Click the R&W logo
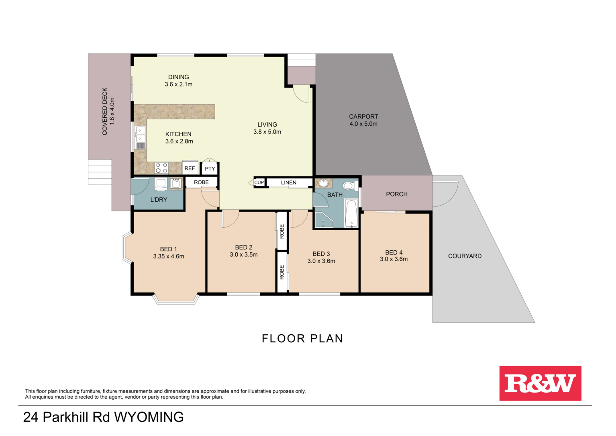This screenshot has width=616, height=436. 540,383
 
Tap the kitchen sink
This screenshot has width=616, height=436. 140,135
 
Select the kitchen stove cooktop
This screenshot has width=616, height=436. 161,168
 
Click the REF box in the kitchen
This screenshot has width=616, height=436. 190,168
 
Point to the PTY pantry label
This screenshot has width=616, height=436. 210,169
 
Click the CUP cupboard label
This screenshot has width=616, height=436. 259,182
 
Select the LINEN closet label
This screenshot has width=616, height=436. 288,182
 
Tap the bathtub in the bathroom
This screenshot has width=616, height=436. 351,213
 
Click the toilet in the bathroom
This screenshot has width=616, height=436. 350,186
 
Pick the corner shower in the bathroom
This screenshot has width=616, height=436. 323,219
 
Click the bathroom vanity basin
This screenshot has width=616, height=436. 323,184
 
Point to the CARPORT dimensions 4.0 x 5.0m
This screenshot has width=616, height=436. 363,124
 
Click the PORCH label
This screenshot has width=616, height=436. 396,194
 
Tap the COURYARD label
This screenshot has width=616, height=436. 465,256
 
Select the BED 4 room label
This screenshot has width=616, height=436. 394,252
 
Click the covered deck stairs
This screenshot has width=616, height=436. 100,172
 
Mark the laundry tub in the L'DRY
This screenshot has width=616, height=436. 176,184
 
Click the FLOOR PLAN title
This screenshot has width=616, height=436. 302,339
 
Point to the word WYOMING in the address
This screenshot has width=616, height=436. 149,417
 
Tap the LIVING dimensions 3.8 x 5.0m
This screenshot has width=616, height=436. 267,132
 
